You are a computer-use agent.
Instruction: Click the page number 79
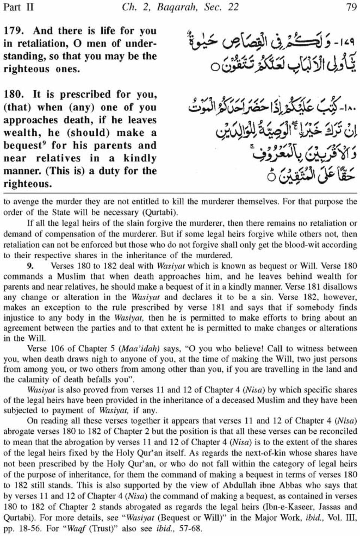(x=351, y=7)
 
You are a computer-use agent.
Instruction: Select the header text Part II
(x=18, y=7)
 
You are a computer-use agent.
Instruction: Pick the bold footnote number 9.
(x=30, y=267)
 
